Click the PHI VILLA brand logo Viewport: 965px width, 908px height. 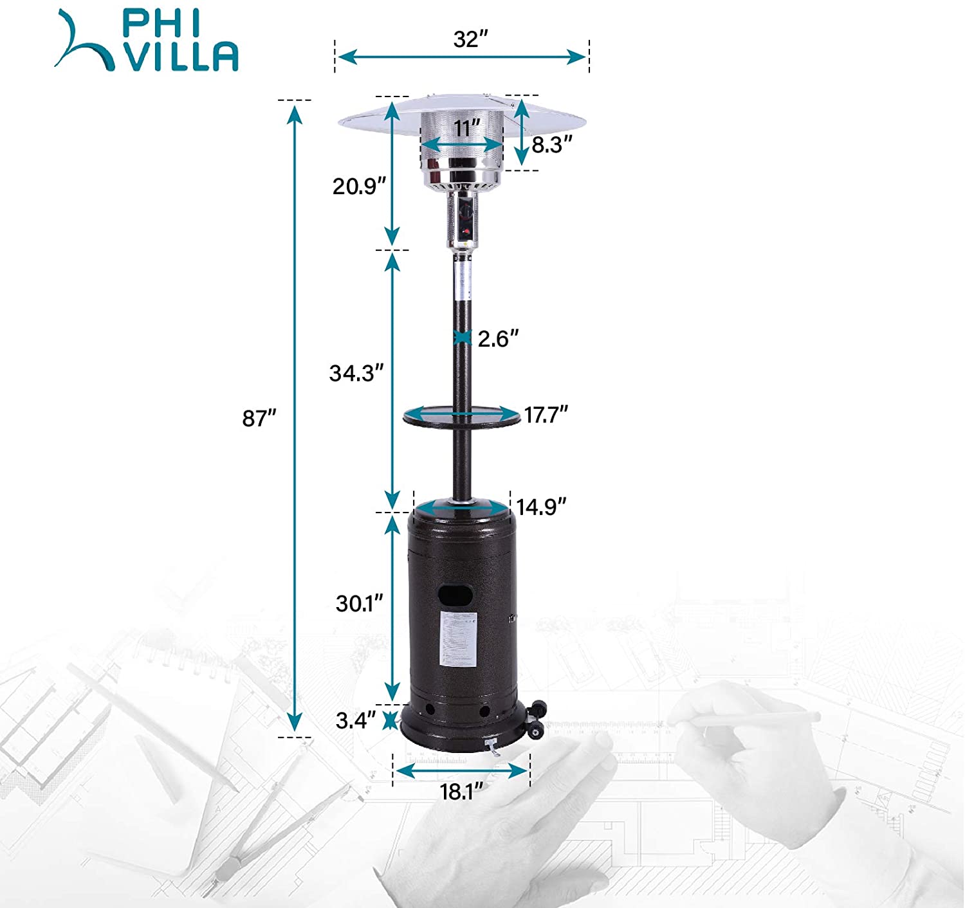pyautogui.click(x=146, y=41)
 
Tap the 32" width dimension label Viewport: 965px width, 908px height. pyautogui.click(x=470, y=39)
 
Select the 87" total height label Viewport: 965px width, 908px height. pyautogui.click(x=259, y=418)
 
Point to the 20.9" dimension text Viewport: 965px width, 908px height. pyautogui.click(x=359, y=186)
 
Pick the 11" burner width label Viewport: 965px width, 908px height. pyautogui.click(x=467, y=129)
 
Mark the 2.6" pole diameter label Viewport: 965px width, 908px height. pyautogui.click(x=498, y=339)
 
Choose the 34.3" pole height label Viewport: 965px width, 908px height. pyautogui.click(x=356, y=373)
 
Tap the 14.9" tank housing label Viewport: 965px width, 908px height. pyautogui.click(x=541, y=507)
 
